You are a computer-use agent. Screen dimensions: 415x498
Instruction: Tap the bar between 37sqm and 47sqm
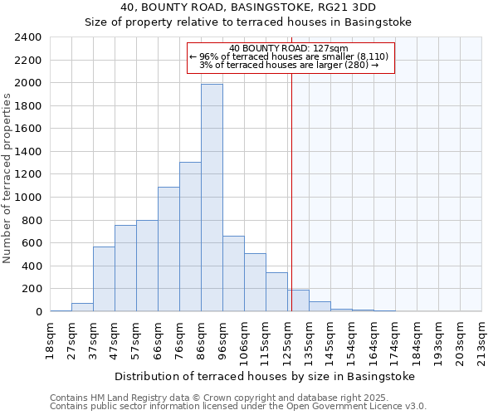coord(104,279)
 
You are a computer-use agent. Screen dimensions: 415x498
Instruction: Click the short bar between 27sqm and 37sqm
coord(82,307)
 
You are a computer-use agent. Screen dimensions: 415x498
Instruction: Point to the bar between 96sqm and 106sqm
coord(233,274)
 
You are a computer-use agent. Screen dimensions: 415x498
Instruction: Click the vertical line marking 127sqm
coord(291,191)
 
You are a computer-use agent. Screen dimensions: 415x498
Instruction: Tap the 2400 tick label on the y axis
coord(28,37)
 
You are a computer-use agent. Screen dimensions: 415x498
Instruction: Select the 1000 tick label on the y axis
coord(28,198)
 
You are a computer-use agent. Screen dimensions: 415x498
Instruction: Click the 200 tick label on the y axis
coord(32,289)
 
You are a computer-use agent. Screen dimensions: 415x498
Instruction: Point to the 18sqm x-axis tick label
coord(51,338)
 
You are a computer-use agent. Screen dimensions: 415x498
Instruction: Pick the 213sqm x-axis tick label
coord(482,338)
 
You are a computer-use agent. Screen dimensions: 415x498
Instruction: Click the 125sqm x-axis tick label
coord(288,338)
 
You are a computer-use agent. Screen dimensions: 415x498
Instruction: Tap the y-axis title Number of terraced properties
coord(7,178)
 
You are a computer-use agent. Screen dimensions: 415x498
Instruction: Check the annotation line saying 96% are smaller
coord(289,56)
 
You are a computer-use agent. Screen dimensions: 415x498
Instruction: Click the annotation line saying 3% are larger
coord(289,65)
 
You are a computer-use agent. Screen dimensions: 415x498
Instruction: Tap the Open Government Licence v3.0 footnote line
coord(238,407)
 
